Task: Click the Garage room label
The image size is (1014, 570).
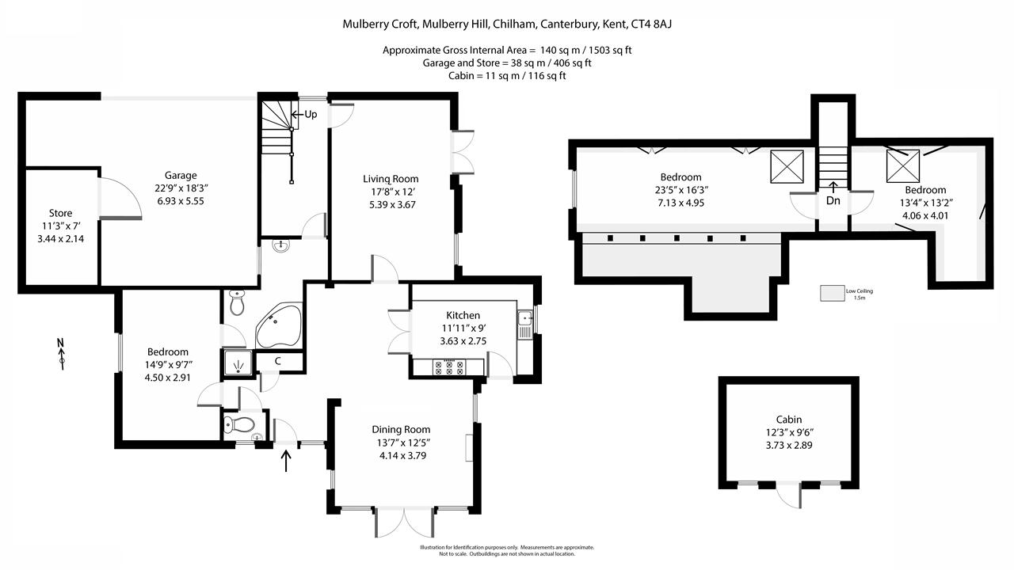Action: pyautogui.click(x=181, y=176)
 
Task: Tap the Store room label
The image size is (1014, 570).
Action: pyautogui.click(x=60, y=213)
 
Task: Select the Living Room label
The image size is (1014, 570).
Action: pyautogui.click(x=391, y=179)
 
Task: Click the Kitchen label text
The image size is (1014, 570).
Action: pyautogui.click(x=463, y=315)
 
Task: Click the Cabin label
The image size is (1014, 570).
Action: pyautogui.click(x=788, y=420)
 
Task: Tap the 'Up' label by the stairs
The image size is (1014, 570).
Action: pyautogui.click(x=311, y=115)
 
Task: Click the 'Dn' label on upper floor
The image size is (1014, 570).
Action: pyautogui.click(x=833, y=201)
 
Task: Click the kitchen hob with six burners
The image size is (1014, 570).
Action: pyautogui.click(x=449, y=367)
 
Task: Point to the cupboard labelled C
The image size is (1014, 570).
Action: pyautogui.click(x=278, y=362)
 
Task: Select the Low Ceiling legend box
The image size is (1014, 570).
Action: pyautogui.click(x=831, y=294)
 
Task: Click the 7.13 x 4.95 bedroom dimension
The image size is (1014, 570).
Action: pyautogui.click(x=681, y=203)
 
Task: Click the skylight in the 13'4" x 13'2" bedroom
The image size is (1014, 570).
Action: pyautogui.click(x=902, y=166)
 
